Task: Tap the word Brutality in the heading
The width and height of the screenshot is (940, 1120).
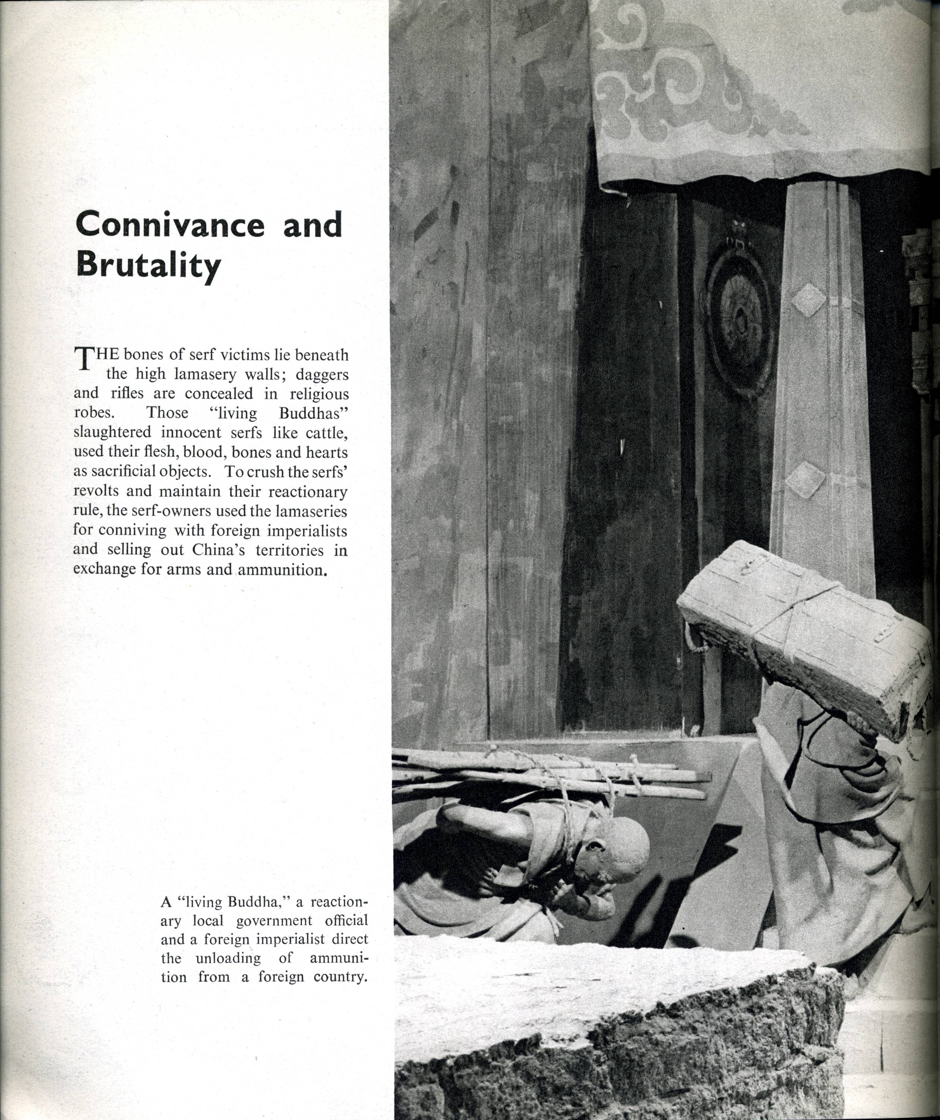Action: (x=148, y=265)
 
